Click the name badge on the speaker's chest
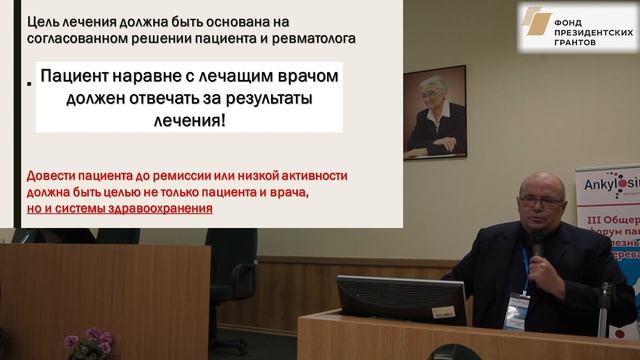click(517, 309)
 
